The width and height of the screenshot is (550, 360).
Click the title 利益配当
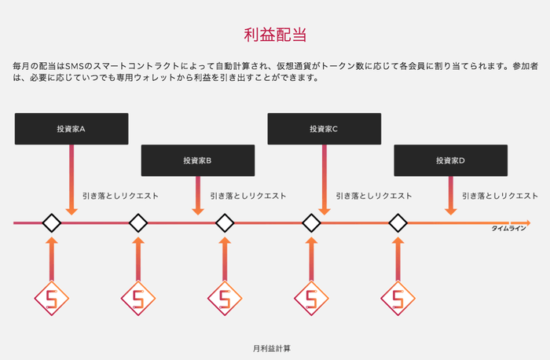[x=274, y=35]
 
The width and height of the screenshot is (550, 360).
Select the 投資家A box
[x=71, y=129]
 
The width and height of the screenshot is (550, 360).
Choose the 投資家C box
[x=324, y=129]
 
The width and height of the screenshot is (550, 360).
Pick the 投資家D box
[x=450, y=160]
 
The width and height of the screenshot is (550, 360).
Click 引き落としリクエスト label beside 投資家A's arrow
[x=120, y=196]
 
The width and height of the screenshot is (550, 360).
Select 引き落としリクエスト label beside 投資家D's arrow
[x=500, y=196]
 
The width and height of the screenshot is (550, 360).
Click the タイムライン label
[x=508, y=228]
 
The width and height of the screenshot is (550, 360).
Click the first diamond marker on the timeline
[x=52, y=223]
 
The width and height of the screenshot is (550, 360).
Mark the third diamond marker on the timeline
[x=225, y=223]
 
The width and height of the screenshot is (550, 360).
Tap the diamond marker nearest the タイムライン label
[x=398, y=223]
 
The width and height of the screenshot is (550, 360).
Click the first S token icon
[x=52, y=299]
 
